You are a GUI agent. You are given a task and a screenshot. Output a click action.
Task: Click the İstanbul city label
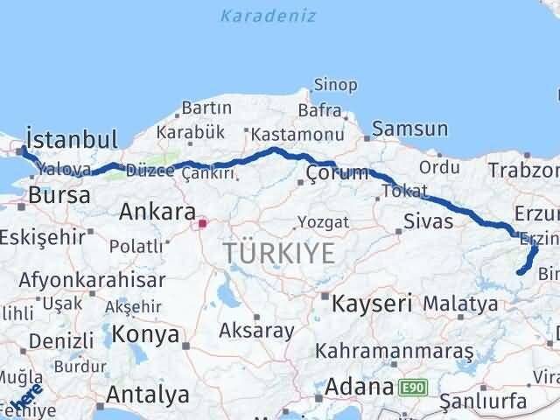(x=72, y=139)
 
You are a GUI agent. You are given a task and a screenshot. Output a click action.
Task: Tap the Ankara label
(x=157, y=212)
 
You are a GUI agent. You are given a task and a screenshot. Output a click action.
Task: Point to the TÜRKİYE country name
(x=279, y=254)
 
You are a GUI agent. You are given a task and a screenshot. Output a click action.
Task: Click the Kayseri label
(x=371, y=304)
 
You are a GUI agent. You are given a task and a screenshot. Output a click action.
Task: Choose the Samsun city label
(x=409, y=129)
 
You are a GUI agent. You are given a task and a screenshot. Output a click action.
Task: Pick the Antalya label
(x=146, y=391)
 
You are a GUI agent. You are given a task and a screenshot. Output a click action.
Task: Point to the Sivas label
(x=429, y=221)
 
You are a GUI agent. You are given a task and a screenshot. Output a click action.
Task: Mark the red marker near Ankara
(x=203, y=223)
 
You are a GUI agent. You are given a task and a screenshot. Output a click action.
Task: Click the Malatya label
(x=460, y=304)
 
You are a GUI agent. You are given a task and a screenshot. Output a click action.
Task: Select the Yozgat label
(x=317, y=221)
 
